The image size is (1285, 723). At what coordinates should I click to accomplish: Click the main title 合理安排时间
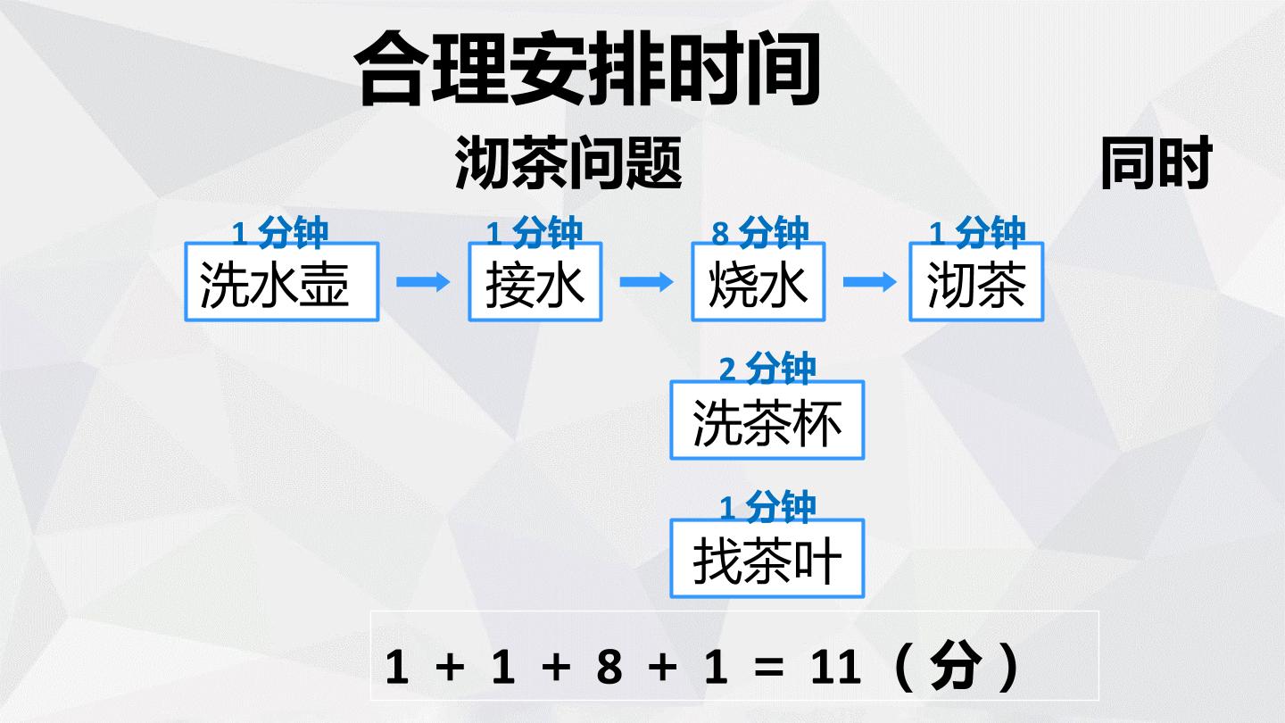pos(586,69)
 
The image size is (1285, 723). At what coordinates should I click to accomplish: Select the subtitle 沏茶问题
pos(568,162)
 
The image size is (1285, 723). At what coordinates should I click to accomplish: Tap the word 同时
pos(1156,162)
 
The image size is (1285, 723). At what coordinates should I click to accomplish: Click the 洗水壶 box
pos(282,282)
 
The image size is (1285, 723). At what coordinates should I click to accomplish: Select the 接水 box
pos(535,282)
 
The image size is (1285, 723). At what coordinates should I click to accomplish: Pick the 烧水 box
pos(759,282)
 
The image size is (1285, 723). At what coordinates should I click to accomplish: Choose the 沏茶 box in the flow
pos(976,282)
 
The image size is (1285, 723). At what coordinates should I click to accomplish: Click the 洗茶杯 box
pos(767,420)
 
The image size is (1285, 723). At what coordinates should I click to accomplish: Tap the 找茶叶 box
pos(767,559)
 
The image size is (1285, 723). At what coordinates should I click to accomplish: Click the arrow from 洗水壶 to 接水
pos(423,282)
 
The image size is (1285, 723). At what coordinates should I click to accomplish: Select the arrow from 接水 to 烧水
pos(646,282)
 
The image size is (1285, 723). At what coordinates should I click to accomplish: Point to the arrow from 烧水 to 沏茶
pos(870,282)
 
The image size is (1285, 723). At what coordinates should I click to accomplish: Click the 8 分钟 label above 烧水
pos(759,232)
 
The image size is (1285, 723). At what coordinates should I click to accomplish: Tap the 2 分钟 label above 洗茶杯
pos(767,369)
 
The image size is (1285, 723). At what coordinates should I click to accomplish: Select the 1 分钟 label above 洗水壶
pos(280,232)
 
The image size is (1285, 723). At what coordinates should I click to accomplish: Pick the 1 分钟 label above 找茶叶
pos(767,507)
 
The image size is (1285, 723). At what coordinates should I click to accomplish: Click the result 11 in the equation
pos(836,667)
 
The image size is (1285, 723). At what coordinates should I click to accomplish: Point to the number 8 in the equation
pos(609,667)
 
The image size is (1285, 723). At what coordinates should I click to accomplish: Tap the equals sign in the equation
pos(769,668)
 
